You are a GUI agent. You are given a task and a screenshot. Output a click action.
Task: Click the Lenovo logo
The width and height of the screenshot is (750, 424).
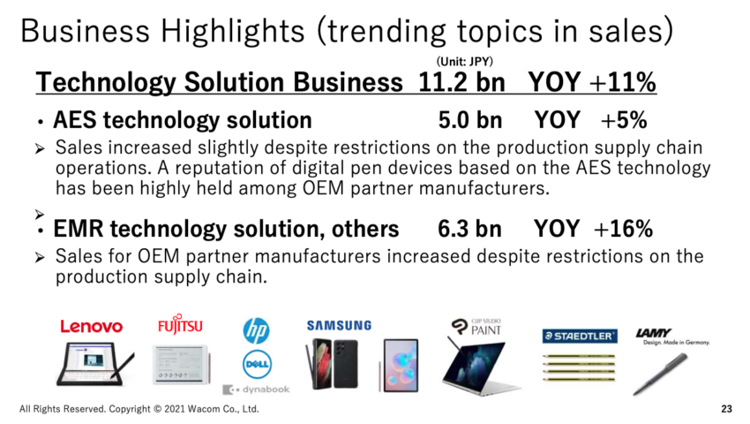pos(92,327)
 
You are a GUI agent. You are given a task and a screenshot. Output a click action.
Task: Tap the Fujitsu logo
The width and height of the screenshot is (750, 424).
pos(180,324)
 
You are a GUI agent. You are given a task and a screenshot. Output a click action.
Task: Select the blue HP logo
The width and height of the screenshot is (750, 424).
pos(256,330)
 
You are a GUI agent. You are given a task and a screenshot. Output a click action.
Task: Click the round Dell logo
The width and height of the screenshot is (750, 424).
pos(256,364)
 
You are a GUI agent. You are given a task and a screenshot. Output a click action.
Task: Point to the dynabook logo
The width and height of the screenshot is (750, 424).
pos(256,390)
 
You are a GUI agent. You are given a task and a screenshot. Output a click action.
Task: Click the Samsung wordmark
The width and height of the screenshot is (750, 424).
pos(339,326)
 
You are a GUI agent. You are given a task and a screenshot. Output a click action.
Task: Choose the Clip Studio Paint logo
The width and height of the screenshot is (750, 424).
pos(476,327)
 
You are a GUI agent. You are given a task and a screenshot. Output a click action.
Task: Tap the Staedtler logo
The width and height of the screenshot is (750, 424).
pos(580,336)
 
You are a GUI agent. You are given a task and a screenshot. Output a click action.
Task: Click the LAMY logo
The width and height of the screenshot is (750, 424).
pos(672,336)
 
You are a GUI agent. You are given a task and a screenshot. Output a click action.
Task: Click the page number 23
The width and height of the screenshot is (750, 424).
pos(726,409)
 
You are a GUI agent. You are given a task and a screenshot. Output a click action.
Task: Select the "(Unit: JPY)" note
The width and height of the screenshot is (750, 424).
pos(464,61)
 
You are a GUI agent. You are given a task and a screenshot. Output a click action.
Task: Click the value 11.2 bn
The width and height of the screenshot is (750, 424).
pos(461,82)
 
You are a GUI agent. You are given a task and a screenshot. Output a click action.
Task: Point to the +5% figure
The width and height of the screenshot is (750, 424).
pos(624,120)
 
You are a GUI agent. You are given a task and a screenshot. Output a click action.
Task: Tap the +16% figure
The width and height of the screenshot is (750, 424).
pos(623,229)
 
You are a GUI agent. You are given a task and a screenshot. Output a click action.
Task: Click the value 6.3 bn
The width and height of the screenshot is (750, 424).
pos(469,229)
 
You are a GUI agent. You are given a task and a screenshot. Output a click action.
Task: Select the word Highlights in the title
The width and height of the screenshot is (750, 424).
pos(232,32)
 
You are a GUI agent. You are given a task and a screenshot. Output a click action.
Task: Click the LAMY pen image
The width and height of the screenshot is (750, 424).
pos(660,375)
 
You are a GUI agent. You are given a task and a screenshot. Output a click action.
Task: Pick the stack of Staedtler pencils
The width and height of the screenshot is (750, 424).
pos(579,367)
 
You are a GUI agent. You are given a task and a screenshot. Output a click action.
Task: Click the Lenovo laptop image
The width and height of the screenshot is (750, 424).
pos(94,363)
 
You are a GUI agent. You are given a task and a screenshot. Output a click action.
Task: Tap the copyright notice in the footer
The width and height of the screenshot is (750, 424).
pos(139,409)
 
